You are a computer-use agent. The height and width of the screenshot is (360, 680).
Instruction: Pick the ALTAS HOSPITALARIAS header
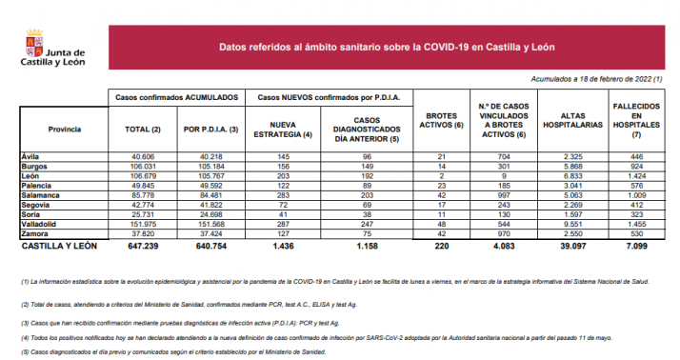click(x=573, y=121)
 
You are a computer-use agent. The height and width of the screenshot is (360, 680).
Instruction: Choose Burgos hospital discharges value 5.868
click(x=573, y=165)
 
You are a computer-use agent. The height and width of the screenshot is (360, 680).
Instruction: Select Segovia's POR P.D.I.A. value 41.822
click(x=211, y=204)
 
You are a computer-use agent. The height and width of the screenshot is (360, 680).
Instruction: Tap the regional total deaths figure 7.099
click(x=636, y=245)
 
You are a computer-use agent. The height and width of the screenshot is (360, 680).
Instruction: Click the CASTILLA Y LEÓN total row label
click(x=64, y=245)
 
